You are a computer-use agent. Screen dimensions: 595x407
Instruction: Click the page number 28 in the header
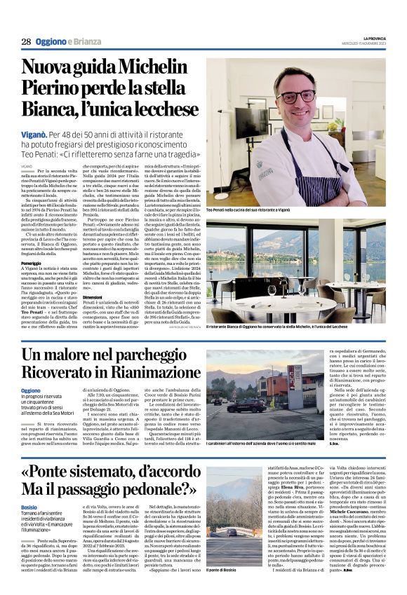[26, 41]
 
